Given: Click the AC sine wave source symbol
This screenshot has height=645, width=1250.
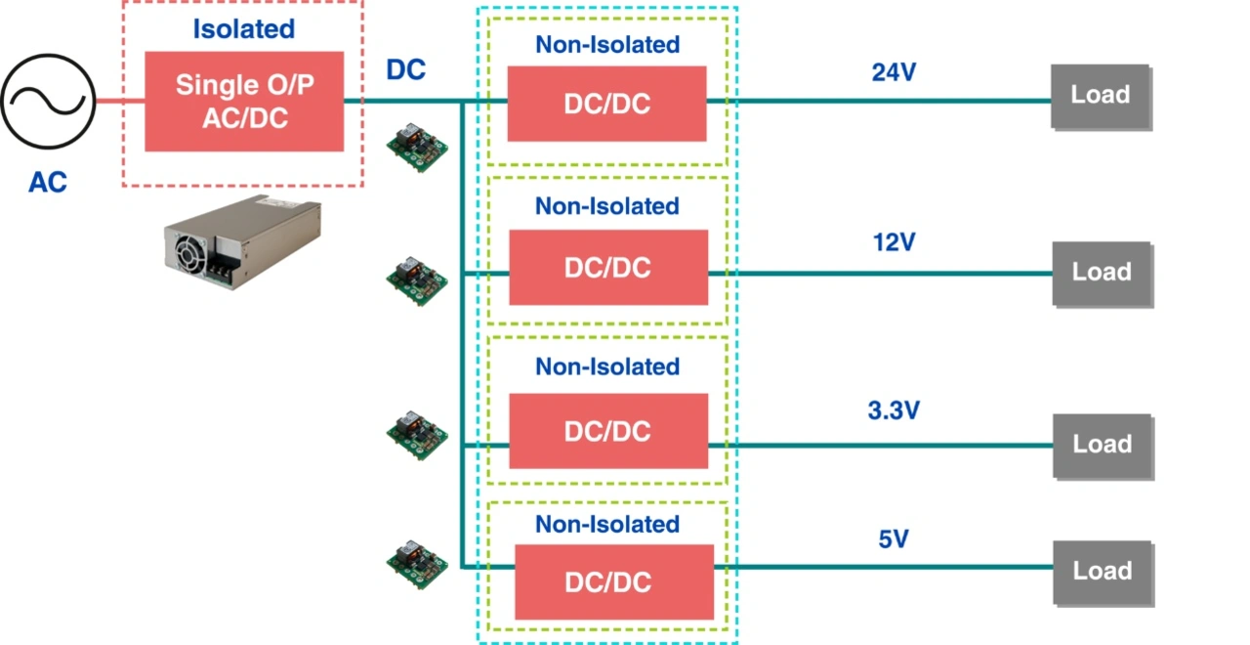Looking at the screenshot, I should pyautogui.click(x=48, y=100).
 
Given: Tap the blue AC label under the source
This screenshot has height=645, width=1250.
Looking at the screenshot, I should pyautogui.click(x=48, y=182).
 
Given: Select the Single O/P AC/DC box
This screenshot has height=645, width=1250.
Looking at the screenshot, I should pyautogui.click(x=244, y=101).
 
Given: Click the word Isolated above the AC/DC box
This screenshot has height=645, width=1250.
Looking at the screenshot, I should pyautogui.click(x=243, y=29).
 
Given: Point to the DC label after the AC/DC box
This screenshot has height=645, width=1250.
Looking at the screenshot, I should pyautogui.click(x=406, y=70).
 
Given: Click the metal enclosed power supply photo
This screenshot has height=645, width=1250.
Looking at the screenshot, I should pyautogui.click(x=241, y=239).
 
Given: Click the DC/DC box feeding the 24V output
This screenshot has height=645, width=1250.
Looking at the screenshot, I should pyautogui.click(x=606, y=104).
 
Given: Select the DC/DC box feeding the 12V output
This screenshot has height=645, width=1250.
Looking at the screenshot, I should pyautogui.click(x=607, y=267).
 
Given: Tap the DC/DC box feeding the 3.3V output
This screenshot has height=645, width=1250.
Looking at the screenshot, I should pyautogui.click(x=607, y=430).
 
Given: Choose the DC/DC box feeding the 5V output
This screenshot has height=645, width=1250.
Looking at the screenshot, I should pyautogui.click(x=614, y=581).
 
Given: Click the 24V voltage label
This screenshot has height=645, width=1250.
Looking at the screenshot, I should pyautogui.click(x=894, y=72).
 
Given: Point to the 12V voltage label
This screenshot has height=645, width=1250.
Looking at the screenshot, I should pyautogui.click(x=894, y=242).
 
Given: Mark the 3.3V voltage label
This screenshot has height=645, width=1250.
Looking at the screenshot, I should pyautogui.click(x=894, y=410).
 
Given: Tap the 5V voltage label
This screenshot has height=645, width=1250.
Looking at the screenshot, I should pyautogui.click(x=894, y=538).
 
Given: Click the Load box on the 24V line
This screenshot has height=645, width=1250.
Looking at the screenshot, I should pyautogui.click(x=1101, y=96).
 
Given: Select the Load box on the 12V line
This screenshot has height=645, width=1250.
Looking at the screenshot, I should pyautogui.click(x=1102, y=273).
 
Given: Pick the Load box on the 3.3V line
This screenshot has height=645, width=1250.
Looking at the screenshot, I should pyautogui.click(x=1102, y=445).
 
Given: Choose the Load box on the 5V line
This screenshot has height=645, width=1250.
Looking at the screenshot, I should pyautogui.click(x=1102, y=572).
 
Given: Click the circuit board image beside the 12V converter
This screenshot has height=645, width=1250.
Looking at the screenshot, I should pyautogui.click(x=417, y=280).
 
